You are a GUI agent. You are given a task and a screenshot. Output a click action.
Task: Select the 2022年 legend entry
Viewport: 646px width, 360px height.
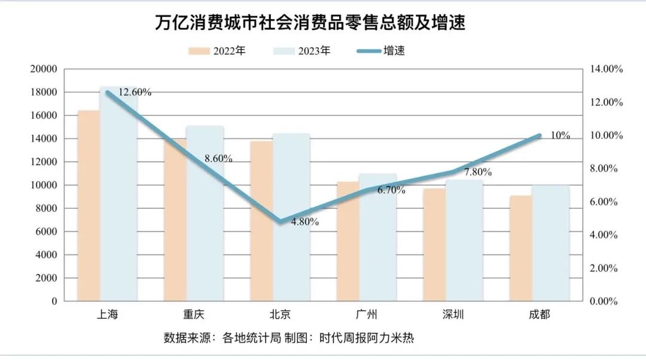pos(217,51)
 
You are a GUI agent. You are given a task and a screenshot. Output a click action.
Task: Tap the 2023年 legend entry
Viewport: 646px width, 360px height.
pos(301,51)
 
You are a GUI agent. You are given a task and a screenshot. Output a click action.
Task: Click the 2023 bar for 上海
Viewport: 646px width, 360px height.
pos(118,197)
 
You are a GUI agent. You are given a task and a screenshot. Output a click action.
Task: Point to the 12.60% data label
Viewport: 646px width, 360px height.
pos(135,92)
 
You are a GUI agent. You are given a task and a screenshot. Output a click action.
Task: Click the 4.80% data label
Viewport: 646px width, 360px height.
pos(304,222)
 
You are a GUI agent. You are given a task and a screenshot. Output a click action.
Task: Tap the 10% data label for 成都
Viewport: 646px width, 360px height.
pos(560,135)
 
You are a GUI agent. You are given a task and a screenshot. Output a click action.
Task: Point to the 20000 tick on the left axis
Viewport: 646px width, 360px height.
pos(44,69)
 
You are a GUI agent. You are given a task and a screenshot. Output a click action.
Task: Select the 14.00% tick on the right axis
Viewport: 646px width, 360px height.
pos(606,69)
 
